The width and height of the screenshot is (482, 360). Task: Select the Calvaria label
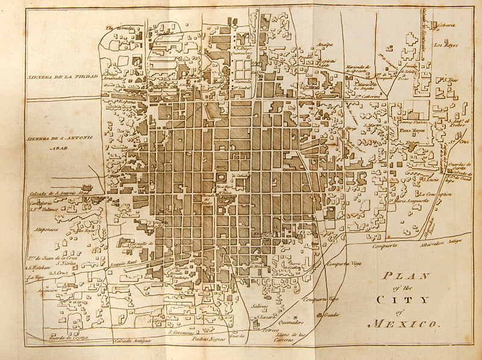point(446,25)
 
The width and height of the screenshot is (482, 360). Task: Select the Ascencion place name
point(47,291)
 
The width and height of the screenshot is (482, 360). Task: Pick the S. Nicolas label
point(66,263)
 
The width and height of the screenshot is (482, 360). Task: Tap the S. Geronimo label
point(181,332)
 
